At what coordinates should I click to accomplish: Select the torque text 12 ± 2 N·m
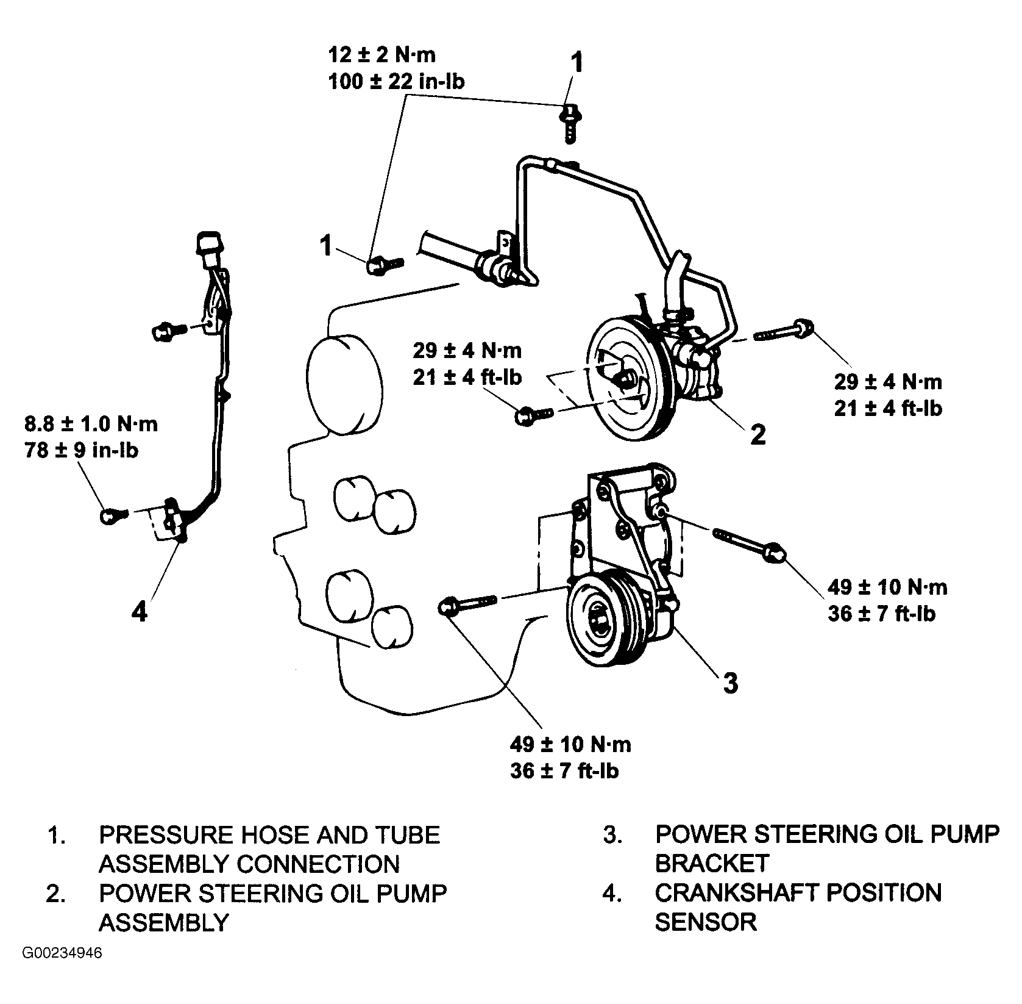coord(382,56)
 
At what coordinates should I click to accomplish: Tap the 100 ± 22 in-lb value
coord(396,81)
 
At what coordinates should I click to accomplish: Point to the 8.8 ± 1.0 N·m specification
coord(91,424)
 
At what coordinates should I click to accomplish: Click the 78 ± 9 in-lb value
coord(81,450)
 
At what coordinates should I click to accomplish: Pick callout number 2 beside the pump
coord(758,434)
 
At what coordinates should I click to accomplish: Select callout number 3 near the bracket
coord(730,683)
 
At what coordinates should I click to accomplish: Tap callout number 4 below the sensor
coord(140,611)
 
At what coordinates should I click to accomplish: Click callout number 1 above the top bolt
coord(576,63)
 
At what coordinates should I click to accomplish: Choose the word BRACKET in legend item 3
coord(712,863)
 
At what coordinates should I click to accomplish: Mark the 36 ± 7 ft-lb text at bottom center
coord(564,771)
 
